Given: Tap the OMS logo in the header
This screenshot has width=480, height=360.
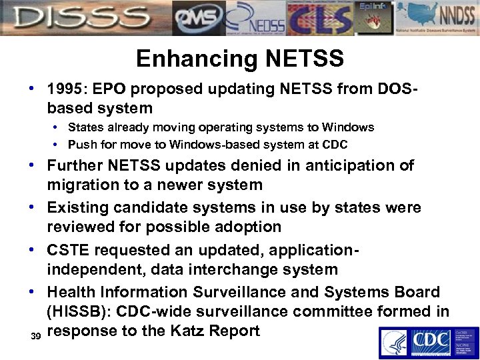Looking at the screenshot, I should (x=198, y=18).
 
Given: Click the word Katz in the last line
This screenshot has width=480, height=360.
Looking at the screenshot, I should (x=184, y=331).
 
